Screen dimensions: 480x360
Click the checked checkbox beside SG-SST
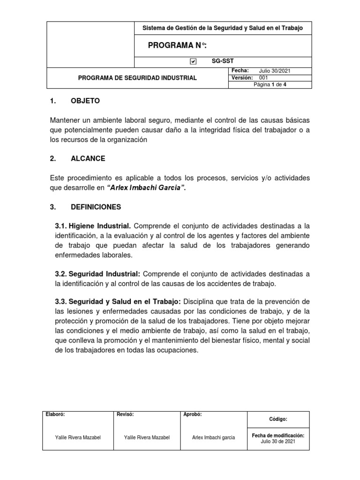193,61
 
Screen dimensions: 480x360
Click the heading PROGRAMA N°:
177,45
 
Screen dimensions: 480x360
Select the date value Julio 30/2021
275,71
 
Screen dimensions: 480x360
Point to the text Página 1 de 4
270,85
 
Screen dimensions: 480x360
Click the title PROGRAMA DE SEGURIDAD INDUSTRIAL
137,78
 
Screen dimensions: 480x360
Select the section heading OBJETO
85,101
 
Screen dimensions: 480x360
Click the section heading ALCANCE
88,158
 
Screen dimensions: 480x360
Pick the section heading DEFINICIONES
96,207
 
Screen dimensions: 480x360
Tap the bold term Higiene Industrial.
93,226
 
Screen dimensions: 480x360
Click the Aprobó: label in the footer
193,414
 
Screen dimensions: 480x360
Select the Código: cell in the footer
278,419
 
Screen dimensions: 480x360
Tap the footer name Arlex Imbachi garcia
214,438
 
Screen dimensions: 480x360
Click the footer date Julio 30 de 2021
278,442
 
